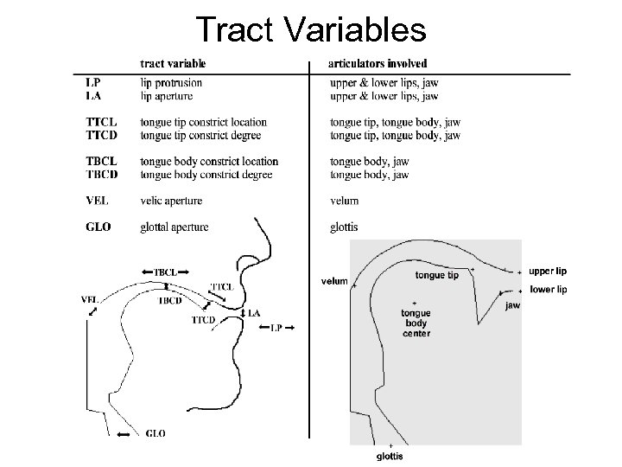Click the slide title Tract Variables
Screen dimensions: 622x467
pyautogui.click(x=311, y=29)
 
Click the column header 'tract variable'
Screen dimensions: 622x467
pyautogui.click(x=173, y=64)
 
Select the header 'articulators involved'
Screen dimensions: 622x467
pyautogui.click(x=378, y=64)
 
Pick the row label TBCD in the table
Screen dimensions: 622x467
pyautogui.click(x=102, y=174)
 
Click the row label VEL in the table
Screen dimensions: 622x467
pyautogui.click(x=97, y=201)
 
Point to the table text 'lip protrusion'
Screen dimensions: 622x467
pyautogui.click(x=171, y=83)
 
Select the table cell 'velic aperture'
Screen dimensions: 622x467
pyautogui.click(x=171, y=201)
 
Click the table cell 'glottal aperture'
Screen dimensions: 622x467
pyautogui.click(x=175, y=227)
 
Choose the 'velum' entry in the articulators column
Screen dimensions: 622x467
pyautogui.click(x=346, y=201)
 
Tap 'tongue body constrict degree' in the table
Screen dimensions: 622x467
pyautogui.click(x=206, y=174)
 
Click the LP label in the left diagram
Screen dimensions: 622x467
pyautogui.click(x=276, y=327)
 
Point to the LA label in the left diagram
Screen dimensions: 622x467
pyautogui.click(x=254, y=312)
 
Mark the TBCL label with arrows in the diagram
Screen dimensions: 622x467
pyautogui.click(x=165, y=272)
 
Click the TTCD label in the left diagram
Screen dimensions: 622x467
pyautogui.click(x=204, y=320)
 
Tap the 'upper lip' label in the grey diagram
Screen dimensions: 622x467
pyautogui.click(x=548, y=271)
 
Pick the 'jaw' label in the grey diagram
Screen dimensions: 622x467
pyautogui.click(x=512, y=305)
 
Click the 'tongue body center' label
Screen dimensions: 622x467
pyautogui.click(x=416, y=323)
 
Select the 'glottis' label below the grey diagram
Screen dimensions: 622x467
pyautogui.click(x=390, y=456)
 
